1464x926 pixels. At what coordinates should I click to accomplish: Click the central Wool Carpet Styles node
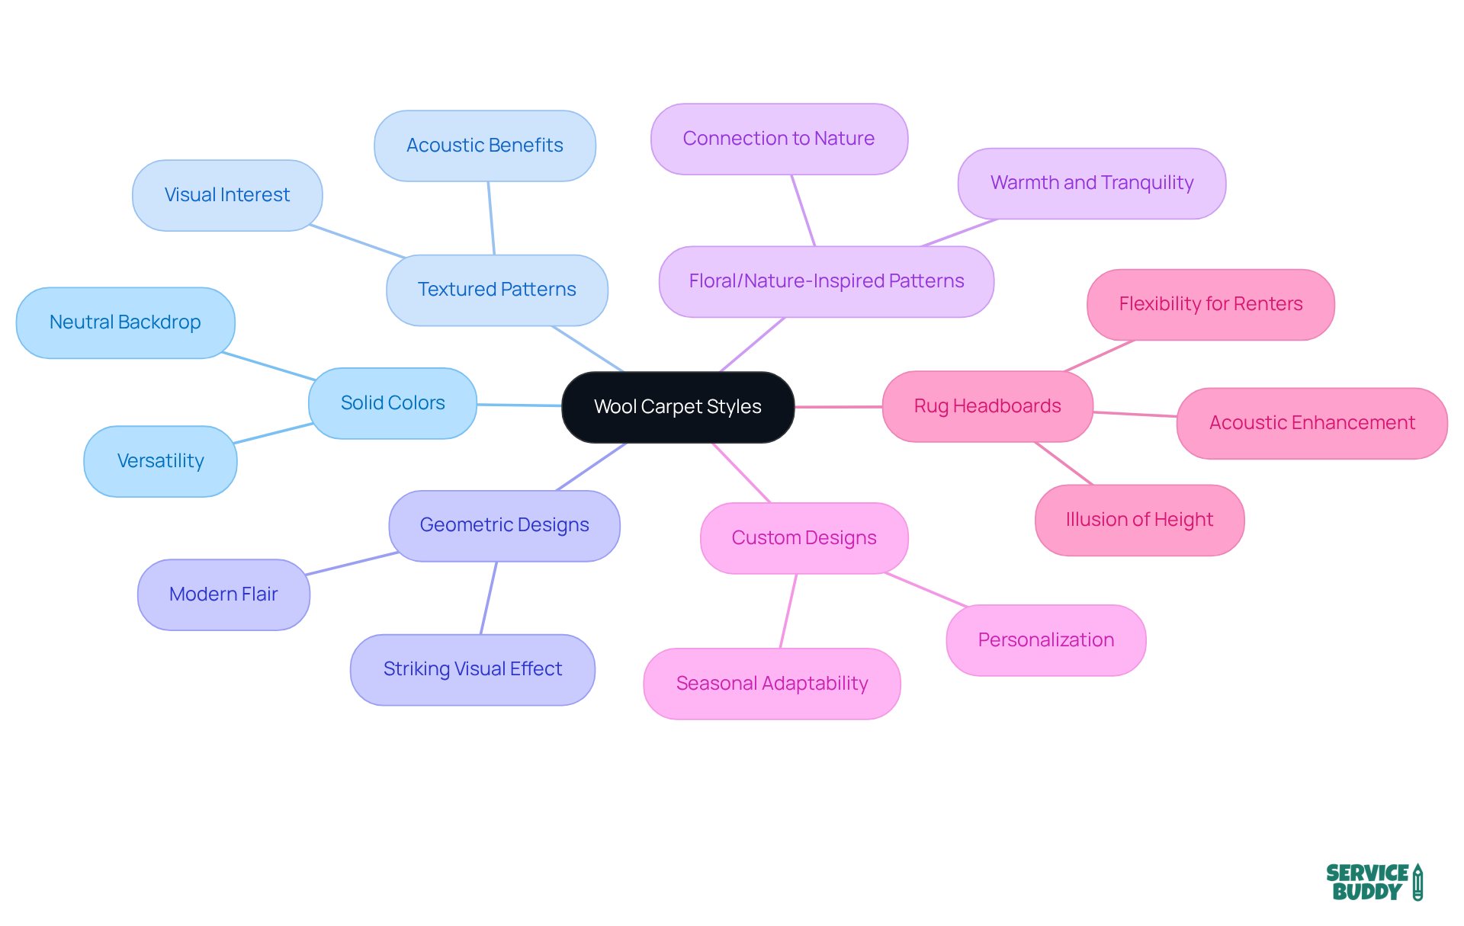[678, 407]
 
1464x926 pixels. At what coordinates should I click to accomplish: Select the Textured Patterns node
[496, 290]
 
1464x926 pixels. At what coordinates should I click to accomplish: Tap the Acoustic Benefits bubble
[484, 146]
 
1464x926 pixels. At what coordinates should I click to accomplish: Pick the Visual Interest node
[227, 195]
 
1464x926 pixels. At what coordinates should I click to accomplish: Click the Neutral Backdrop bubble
[125, 322]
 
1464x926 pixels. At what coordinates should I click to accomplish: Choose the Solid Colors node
[393, 403]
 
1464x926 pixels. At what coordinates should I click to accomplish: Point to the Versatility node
[160, 461]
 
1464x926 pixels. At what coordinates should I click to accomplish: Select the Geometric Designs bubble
[504, 525]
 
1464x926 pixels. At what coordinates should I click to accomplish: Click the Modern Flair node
[223, 594]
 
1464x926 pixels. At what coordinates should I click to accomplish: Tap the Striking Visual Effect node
[472, 669]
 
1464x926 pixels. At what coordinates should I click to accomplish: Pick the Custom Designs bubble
[804, 538]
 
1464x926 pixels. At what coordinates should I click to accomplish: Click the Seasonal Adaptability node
[772, 684]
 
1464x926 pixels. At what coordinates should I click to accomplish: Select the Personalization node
[1045, 640]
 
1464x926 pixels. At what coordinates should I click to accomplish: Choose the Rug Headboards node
[987, 406]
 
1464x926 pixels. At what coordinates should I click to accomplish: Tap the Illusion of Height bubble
[1139, 520]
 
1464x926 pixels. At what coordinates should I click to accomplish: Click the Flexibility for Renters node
[1210, 304]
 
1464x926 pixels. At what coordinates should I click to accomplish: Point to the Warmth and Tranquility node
[1091, 183]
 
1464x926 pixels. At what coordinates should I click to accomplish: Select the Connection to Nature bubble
[779, 139]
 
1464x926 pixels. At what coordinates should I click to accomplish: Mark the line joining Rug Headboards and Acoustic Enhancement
[1135, 415]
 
